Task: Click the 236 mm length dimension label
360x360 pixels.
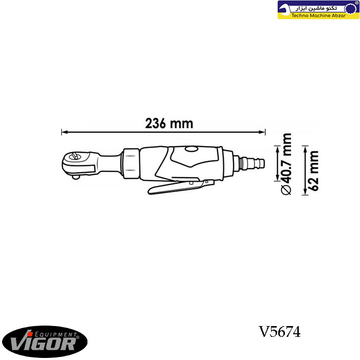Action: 169,123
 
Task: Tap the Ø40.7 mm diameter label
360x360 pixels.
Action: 286,164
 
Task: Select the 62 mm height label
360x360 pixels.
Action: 314,171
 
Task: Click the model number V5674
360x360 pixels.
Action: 279,332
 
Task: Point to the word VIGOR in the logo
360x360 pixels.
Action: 43,343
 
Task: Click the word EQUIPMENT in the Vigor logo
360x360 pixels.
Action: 56,334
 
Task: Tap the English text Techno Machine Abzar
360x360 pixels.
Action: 318,15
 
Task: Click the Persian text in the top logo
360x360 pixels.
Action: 316,8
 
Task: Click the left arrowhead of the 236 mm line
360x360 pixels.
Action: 64,132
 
